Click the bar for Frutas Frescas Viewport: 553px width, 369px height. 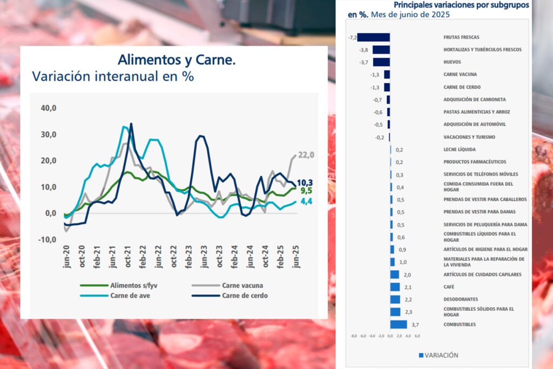374,37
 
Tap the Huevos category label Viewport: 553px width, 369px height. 452,62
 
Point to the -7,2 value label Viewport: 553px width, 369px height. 353,37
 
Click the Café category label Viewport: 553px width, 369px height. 448,287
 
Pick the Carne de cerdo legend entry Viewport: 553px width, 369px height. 244,296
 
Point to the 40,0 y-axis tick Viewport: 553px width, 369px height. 49,108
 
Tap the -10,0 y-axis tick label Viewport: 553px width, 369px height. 48,239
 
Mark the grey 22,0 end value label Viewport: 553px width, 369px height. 306,156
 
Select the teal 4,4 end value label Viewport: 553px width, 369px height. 306,202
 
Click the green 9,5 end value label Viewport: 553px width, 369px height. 306,191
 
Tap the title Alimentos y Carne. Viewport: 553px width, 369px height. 177,59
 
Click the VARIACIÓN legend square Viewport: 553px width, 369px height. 421,355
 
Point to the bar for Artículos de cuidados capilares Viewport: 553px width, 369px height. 395,274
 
